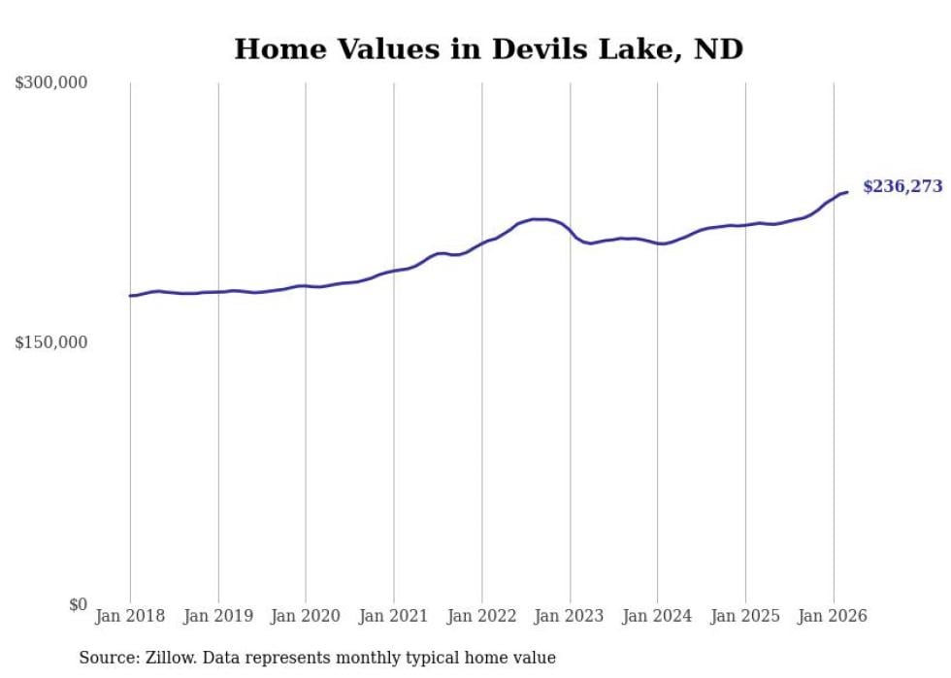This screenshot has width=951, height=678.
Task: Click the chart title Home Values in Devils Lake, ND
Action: (x=488, y=49)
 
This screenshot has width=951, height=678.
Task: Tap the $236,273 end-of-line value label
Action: (x=902, y=186)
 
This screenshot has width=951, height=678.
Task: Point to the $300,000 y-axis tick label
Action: (x=51, y=83)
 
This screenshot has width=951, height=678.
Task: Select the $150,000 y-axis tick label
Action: (x=51, y=342)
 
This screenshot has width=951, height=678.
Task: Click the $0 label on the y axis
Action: (x=78, y=604)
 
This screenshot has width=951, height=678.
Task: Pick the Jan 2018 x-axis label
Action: (x=130, y=616)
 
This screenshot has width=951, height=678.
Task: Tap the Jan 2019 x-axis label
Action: (x=218, y=616)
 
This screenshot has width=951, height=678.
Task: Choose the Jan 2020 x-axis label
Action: (x=306, y=616)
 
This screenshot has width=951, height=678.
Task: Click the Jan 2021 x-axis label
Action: (x=394, y=616)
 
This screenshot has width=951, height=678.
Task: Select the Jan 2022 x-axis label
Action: (x=481, y=616)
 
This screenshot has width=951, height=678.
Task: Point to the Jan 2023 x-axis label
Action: (x=570, y=616)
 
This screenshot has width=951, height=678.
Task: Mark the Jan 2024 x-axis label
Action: (x=657, y=616)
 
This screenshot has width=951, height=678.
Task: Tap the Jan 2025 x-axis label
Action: (x=745, y=616)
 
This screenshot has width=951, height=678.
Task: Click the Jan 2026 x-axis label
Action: (x=833, y=616)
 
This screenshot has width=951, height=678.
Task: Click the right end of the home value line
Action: (x=848, y=192)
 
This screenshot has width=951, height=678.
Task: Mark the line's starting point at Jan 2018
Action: (x=130, y=296)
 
